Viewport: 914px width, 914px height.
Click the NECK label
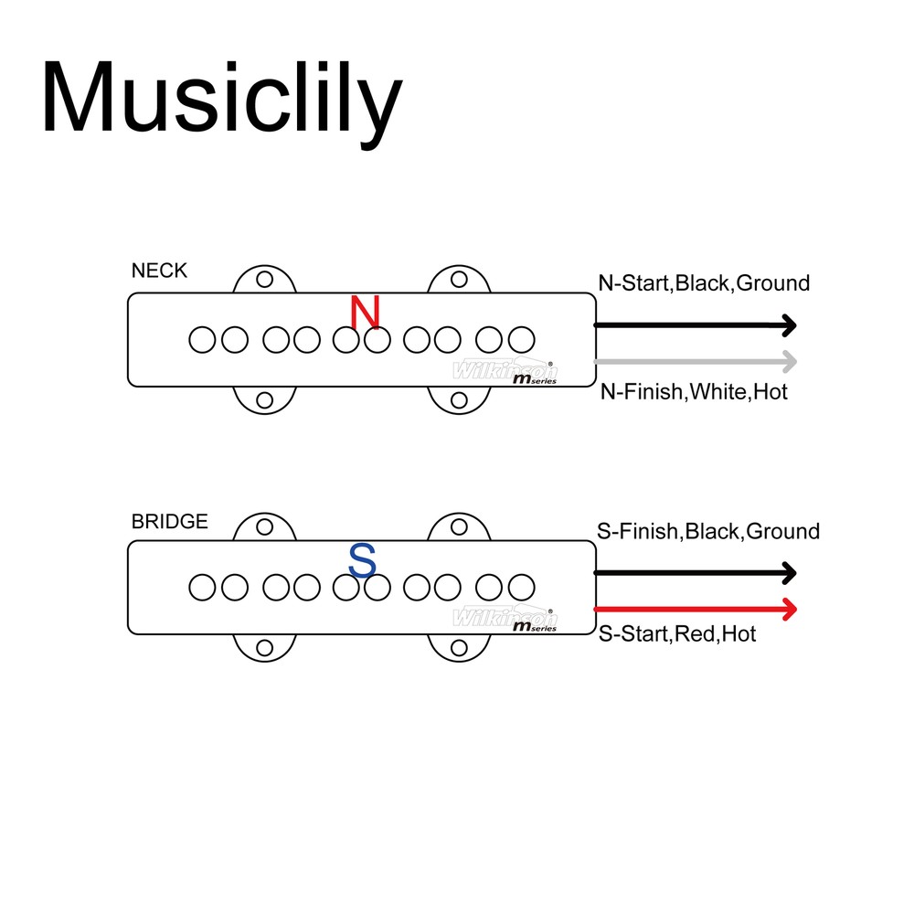pos(159,271)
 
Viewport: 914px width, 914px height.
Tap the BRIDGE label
pos(169,522)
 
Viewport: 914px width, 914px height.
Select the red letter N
pos(365,313)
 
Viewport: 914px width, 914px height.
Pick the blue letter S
pos(363,561)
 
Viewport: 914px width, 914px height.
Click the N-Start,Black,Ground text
pos(704,283)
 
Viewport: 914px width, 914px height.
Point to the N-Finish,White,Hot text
pos(693,392)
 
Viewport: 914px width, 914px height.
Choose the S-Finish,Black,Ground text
pos(708,531)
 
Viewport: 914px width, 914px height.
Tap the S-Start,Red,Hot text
pos(676,633)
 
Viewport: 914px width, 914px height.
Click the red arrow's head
pos(789,609)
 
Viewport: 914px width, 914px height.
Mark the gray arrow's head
pos(789,361)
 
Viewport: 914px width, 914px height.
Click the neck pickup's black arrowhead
pos(789,324)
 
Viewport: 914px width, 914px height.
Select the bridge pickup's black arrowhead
pos(789,573)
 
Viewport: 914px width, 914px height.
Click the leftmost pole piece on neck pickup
pos(202,339)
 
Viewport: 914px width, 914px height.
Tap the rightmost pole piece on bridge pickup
pos(521,588)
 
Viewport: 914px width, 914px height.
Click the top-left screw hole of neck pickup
pos(265,279)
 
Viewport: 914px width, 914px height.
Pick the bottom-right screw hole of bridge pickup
pos(460,648)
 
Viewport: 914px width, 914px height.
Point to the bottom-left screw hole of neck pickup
pos(265,399)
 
